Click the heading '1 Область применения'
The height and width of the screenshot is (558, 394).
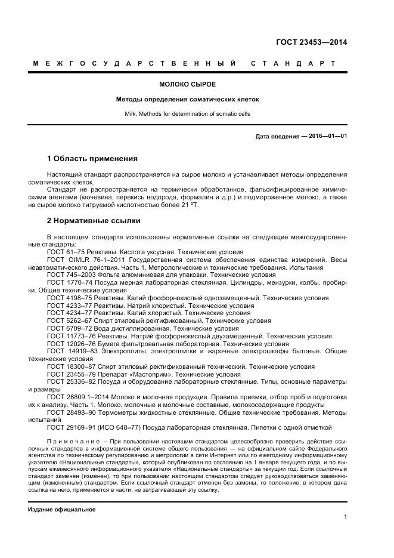pyautogui.click(x=92, y=159)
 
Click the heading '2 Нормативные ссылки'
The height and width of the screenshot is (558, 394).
pyautogui.click(x=93, y=221)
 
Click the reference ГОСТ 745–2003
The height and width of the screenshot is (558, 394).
pyautogui.click(x=70, y=275)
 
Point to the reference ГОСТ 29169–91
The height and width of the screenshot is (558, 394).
pyautogui.click(x=70, y=427)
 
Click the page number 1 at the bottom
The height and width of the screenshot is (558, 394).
pyautogui.click(x=345, y=517)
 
